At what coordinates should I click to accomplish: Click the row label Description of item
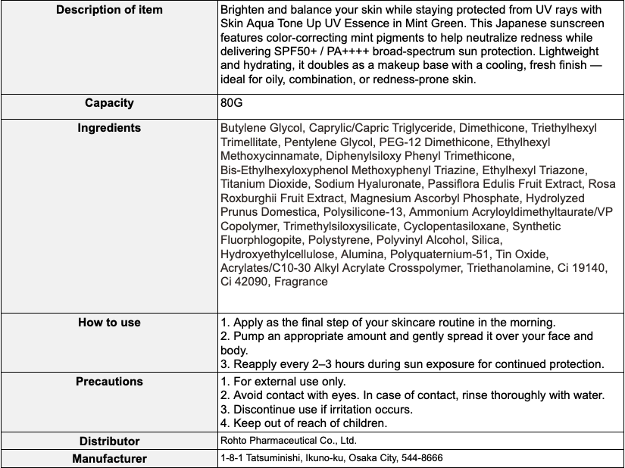click(x=110, y=11)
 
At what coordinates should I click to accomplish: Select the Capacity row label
click(x=109, y=103)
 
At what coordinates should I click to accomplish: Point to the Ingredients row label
click(x=109, y=128)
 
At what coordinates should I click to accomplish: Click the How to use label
click(x=109, y=323)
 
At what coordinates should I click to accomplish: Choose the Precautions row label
click(x=109, y=382)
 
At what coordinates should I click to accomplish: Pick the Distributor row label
click(x=109, y=441)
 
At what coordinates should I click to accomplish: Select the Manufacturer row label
click(x=109, y=458)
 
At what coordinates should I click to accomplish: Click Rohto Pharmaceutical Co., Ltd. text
click(x=288, y=441)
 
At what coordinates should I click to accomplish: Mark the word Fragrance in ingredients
click(x=301, y=282)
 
